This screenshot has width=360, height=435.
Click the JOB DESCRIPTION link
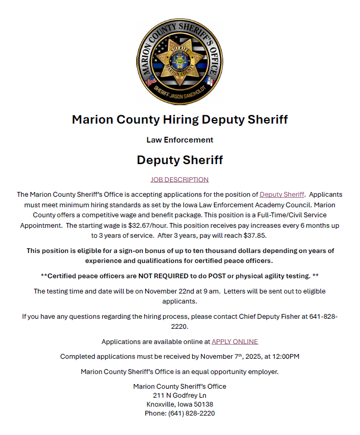tap(179, 179)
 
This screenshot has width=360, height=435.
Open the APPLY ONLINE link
tap(235, 341)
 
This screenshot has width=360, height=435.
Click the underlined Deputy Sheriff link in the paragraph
tap(282, 195)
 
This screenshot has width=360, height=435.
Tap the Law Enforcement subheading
tap(179, 140)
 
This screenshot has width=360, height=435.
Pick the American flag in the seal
tap(150, 81)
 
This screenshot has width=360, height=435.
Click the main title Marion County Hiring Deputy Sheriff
tap(179, 119)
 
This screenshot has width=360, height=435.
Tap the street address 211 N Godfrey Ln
tap(179, 395)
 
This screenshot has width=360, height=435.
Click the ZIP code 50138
tap(203, 404)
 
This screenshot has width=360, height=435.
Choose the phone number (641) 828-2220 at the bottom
tap(191, 413)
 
